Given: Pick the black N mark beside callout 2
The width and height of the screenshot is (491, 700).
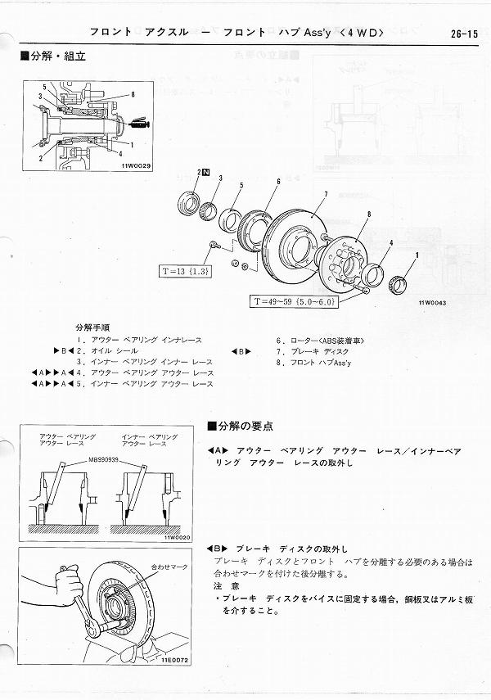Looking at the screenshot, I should [x=207, y=173].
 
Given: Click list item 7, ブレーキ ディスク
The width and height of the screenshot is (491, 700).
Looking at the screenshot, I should [x=315, y=350].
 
